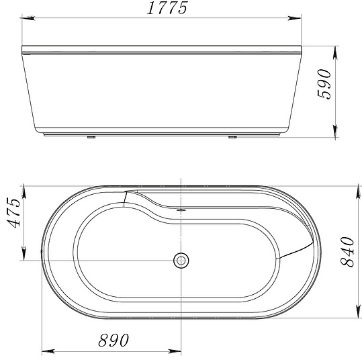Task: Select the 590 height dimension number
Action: [x=325, y=84]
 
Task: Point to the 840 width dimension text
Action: [x=348, y=252]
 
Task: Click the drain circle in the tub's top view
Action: [x=181, y=259]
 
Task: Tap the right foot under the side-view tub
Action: [x=232, y=138]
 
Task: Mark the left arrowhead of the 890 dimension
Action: [x=45, y=351]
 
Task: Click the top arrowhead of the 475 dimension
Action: [x=25, y=186]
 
